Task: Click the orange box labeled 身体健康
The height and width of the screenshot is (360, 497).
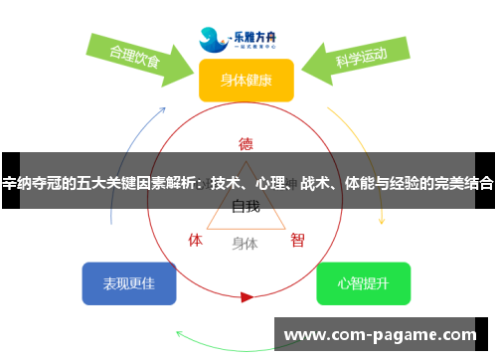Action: [x=246, y=80]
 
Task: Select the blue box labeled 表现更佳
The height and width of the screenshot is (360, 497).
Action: [x=129, y=283]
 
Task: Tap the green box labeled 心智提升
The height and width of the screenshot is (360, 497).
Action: [x=363, y=283]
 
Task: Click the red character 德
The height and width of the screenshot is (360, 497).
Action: [x=246, y=142]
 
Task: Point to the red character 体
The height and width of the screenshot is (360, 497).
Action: [x=196, y=240]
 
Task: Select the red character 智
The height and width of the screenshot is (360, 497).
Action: [x=297, y=240]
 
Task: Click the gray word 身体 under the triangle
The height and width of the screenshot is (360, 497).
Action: [x=245, y=243]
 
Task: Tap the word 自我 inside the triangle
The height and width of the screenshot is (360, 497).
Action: [x=246, y=207]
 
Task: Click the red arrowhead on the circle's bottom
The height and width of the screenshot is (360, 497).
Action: [x=247, y=295]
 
